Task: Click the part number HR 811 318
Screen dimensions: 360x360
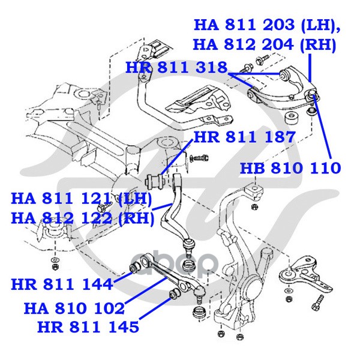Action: click(176, 68)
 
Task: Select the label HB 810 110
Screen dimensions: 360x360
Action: click(290, 168)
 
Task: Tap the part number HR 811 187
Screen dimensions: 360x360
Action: click(244, 137)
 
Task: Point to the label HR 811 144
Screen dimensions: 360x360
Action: click(62, 284)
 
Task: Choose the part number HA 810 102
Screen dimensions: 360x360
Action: click(74, 308)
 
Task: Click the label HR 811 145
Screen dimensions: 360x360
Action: click(88, 327)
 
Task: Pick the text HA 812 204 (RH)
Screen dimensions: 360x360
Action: click(265, 44)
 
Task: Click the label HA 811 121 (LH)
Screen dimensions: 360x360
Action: click(82, 199)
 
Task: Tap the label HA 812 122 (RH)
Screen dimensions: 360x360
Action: click(83, 218)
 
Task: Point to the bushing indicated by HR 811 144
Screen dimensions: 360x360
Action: click(135, 267)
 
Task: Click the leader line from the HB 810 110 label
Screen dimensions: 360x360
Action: click(322, 128)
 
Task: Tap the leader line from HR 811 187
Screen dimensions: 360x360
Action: click(176, 157)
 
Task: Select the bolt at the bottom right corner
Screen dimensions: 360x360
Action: click(317, 302)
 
